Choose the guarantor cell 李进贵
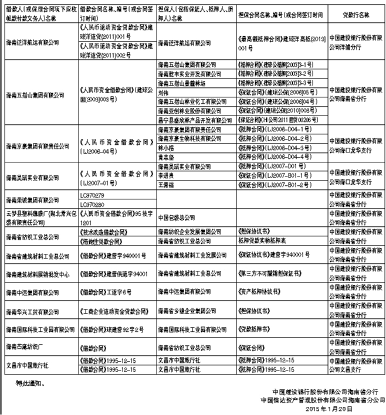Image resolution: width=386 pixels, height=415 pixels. click(x=168, y=175)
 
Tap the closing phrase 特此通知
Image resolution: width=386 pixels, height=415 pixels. click(x=30, y=384)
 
